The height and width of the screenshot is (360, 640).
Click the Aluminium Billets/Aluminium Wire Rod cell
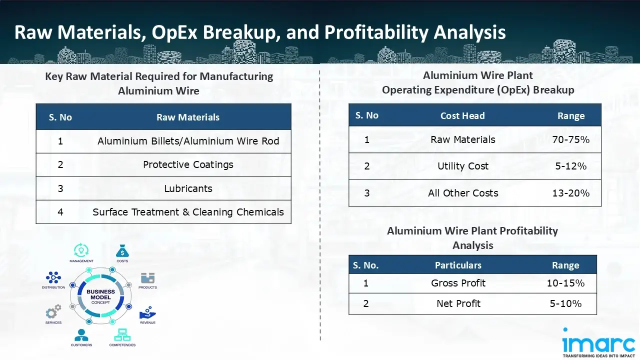[188, 141]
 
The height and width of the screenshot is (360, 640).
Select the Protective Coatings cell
[188, 165]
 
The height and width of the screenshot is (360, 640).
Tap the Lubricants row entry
[188, 188]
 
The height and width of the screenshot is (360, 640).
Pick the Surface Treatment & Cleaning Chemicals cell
[188, 212]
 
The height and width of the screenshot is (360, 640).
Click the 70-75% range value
[571, 139]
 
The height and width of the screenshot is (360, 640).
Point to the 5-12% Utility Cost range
[571, 166]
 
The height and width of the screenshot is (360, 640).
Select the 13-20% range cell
[571, 193]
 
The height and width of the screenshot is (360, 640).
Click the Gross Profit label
[458, 283]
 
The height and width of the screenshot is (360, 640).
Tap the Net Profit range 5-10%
[565, 303]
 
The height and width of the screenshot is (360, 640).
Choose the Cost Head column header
[462, 115]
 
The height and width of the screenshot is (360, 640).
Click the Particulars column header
[458, 265]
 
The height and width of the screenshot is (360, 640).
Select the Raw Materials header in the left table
[188, 117]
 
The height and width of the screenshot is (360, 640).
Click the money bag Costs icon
[122, 251]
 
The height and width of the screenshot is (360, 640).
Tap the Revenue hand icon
[147, 313]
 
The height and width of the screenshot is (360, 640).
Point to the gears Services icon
[53, 311]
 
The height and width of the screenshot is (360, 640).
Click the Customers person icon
[81, 335]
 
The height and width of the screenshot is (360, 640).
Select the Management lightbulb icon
[81, 250]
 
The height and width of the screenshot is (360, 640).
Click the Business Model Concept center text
[100, 297]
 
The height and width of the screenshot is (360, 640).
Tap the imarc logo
[598, 342]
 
